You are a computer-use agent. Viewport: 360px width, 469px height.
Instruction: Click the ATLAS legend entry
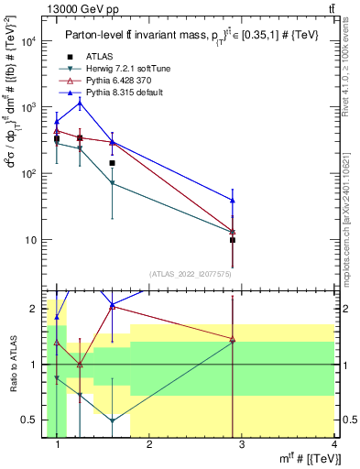[101, 56]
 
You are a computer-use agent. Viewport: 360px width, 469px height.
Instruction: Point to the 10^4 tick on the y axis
[29, 41]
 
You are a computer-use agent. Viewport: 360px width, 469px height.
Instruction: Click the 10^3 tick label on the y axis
[29, 107]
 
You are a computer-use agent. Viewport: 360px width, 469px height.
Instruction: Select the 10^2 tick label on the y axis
[29, 173]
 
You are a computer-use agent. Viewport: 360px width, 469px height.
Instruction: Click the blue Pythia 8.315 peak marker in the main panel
[80, 103]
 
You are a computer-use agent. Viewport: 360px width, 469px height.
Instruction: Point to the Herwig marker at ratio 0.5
[112, 420]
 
